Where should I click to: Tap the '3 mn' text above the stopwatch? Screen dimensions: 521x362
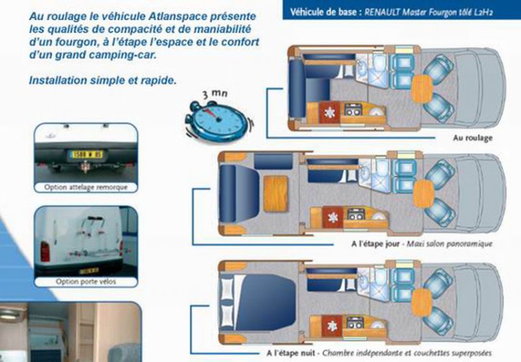(x=216, y=94)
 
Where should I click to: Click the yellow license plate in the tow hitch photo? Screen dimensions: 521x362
(x=87, y=154)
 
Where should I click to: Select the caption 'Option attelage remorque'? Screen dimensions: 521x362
(x=86, y=188)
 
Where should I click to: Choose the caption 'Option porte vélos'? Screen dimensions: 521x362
(x=86, y=282)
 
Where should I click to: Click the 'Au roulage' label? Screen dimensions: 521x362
(x=473, y=138)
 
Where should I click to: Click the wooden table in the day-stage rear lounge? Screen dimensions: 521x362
(x=275, y=194)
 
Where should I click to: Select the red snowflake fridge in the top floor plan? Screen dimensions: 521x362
(x=330, y=113)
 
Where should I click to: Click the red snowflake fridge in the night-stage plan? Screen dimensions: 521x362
(x=331, y=326)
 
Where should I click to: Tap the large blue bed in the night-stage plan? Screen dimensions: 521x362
(x=266, y=302)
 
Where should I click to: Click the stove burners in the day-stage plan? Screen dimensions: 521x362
(x=356, y=214)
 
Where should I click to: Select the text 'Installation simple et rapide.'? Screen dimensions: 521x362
(x=103, y=80)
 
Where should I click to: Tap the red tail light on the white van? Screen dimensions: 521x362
(x=45, y=252)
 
